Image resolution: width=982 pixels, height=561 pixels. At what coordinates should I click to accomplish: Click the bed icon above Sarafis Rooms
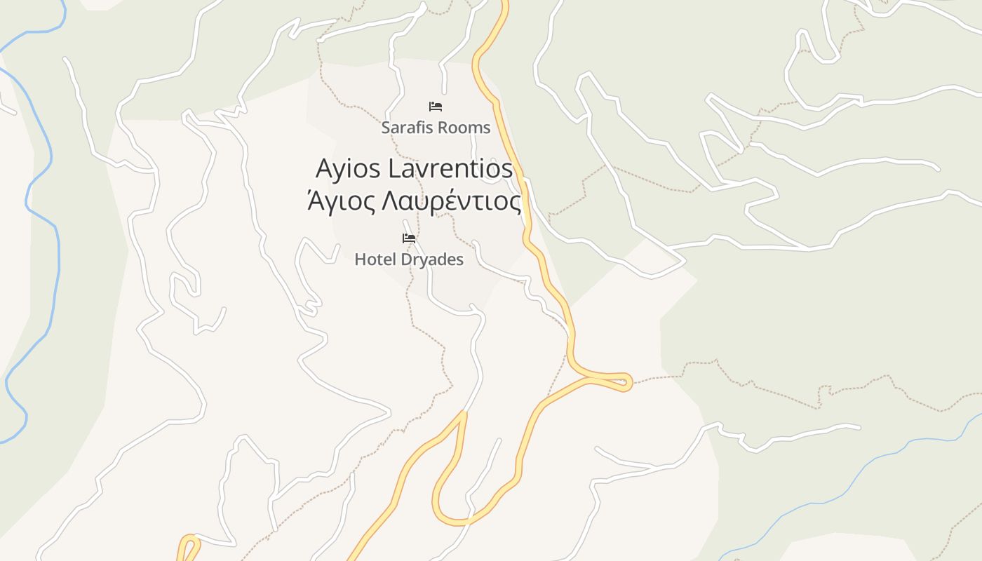(436, 107)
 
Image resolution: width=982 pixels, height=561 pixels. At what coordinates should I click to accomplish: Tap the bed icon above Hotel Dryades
(409, 238)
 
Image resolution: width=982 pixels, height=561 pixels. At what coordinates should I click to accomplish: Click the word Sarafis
(405, 128)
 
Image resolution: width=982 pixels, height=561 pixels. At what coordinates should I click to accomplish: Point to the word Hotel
(370, 259)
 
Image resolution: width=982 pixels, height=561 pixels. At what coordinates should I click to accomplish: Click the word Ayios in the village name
(348, 169)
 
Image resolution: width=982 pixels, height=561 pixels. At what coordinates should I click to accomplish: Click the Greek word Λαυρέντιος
(450, 202)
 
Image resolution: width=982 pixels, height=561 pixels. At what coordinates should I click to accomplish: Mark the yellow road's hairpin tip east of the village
(627, 381)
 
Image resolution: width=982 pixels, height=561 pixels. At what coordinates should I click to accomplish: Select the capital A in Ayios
(324, 169)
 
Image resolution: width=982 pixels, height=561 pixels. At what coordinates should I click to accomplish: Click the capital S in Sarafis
(386, 128)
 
